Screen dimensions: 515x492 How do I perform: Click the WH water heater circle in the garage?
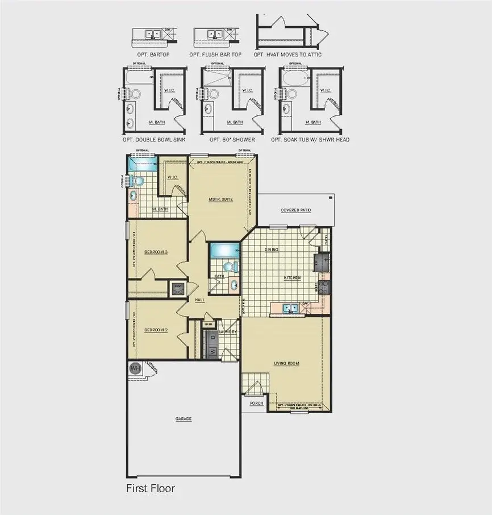[135, 368]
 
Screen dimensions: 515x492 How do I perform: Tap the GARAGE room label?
[184, 419]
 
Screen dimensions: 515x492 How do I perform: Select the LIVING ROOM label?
[286, 363]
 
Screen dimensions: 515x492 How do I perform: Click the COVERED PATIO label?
[296, 210]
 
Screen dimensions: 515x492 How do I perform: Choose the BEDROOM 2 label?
[155, 330]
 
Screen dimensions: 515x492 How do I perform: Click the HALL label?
[199, 300]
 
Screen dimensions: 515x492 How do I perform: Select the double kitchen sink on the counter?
[291, 308]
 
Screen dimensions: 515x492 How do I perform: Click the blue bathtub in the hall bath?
[224, 250]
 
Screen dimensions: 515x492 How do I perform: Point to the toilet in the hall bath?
[228, 266]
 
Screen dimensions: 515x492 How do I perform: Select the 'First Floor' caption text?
[150, 488]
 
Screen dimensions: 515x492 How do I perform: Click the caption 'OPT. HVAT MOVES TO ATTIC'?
[287, 55]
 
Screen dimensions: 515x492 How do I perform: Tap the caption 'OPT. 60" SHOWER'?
[232, 140]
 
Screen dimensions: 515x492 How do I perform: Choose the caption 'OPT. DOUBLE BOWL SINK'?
[153, 140]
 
